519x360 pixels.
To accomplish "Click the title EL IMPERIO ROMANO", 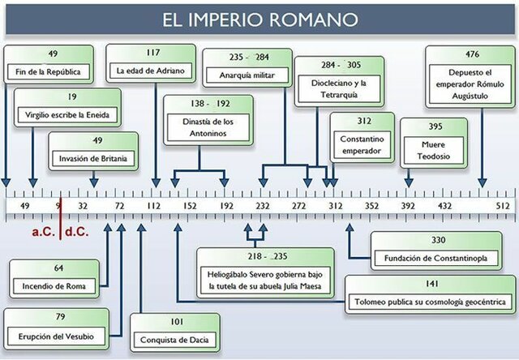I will point(259,18).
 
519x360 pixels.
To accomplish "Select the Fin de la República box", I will point(47,64).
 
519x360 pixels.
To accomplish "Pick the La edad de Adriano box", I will point(151,63).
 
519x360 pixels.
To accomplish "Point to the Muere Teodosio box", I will point(434,142).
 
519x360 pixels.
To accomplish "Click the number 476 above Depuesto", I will point(471,55).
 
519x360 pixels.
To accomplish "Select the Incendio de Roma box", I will point(59,278).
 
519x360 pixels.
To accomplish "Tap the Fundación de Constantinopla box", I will point(439,251).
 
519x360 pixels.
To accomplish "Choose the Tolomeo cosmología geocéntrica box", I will point(431,294).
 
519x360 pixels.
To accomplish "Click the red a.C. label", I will point(43,232).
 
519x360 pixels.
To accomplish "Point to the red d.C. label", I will point(78,232).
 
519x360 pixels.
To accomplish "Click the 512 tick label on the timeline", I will point(503,207).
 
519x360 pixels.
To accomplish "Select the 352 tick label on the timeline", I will point(371,207).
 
